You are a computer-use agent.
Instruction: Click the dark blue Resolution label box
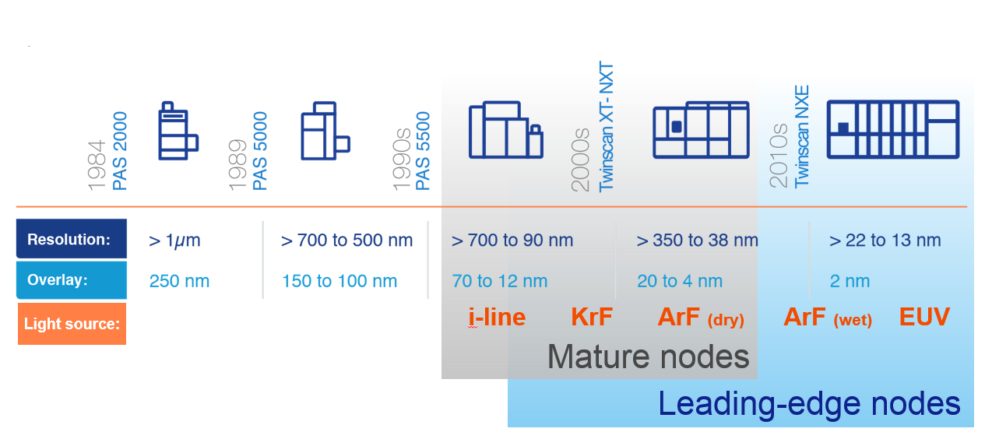click(72, 239)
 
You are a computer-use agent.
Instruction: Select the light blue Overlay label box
click(72, 280)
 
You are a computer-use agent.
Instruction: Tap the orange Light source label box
click(72, 323)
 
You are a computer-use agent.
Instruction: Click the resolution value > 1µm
click(174, 241)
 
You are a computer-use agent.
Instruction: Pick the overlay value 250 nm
click(179, 281)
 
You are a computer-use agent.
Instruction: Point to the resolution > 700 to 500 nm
click(347, 241)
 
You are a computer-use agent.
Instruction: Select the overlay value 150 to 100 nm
click(339, 281)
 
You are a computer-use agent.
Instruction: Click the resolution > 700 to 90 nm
click(512, 241)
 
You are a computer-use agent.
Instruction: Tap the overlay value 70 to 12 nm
click(500, 281)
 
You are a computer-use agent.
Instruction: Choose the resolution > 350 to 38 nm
click(698, 241)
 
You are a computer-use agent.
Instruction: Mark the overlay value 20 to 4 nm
click(680, 281)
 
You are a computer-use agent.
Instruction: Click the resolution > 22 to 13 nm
click(885, 241)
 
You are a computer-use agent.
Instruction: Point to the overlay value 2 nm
click(850, 281)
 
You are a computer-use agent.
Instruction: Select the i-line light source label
click(497, 317)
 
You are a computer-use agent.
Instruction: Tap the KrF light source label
click(592, 317)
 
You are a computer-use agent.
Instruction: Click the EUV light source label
click(924, 317)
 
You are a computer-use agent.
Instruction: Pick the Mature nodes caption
click(648, 356)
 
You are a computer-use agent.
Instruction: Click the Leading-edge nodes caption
click(809, 404)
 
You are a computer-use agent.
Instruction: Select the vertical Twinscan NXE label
click(802, 136)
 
